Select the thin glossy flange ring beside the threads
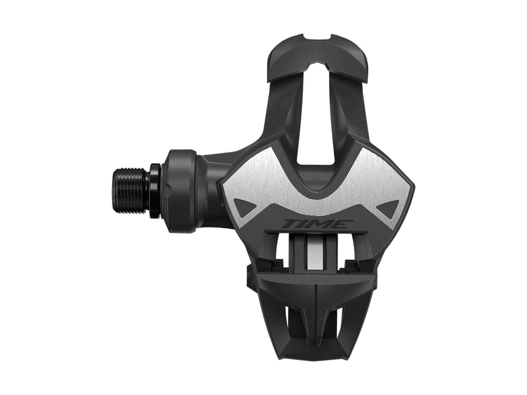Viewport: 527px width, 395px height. coord(156,188)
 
